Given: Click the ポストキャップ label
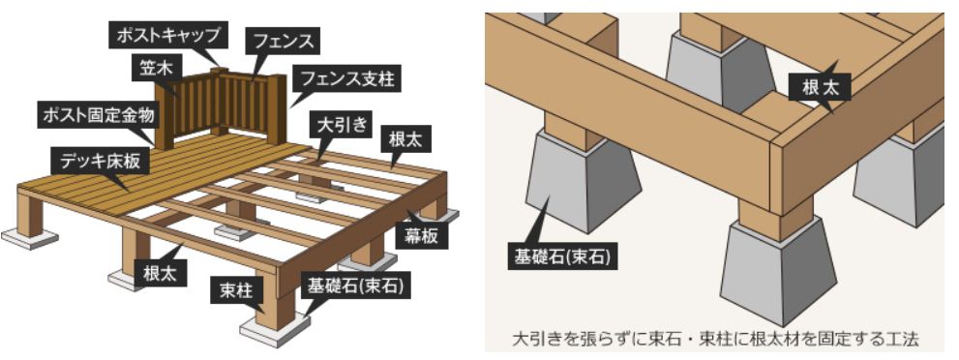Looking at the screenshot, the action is (168, 36).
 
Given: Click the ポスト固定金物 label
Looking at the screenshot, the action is (101, 115).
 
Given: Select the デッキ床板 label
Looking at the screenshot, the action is (101, 162).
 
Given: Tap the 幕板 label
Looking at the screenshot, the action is (420, 236).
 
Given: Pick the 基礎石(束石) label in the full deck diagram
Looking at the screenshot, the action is (356, 285).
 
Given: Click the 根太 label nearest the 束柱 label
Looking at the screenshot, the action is (159, 273).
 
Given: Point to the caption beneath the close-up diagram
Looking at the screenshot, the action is (715, 339).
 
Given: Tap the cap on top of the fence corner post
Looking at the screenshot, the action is (220, 71).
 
